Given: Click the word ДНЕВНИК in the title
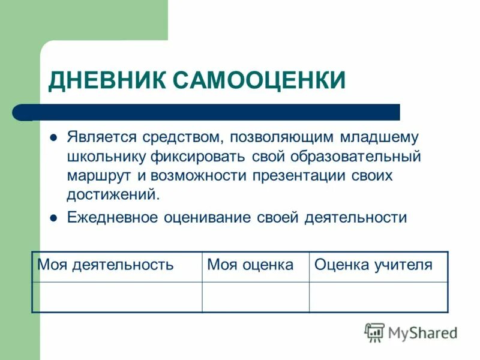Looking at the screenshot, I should pos(106,80).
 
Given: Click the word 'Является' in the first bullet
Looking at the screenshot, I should pos(102,137).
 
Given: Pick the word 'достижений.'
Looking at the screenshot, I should pos(114,195).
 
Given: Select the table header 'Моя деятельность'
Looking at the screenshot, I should pos(106,265).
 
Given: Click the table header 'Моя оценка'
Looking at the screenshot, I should pos(250,265).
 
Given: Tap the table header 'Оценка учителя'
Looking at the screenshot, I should pos(373,265).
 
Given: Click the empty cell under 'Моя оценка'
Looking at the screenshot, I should pos(255,297).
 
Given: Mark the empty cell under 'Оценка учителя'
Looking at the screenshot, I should pos(378,297).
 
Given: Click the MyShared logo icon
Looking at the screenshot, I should pos(374,332).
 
